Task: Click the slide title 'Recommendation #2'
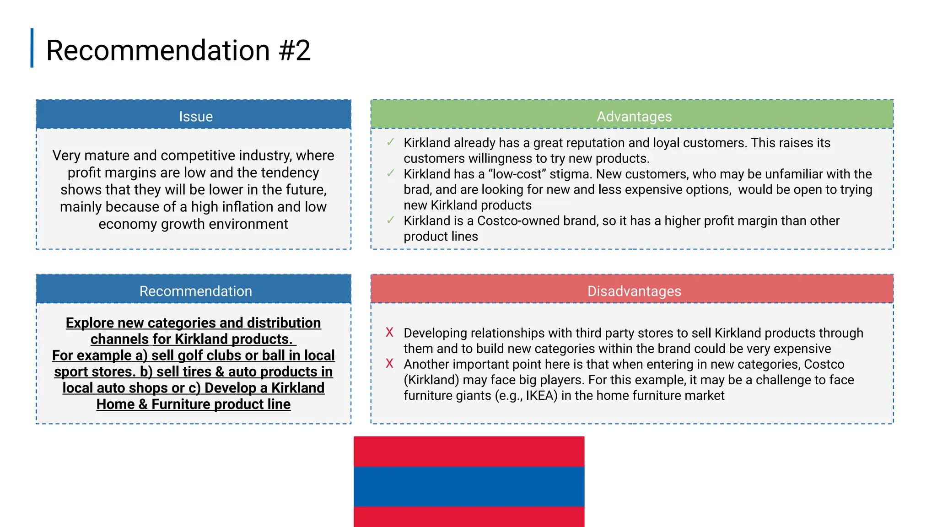[178, 50]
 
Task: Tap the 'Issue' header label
[196, 117]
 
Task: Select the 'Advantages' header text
[634, 117]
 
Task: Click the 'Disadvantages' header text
[634, 291]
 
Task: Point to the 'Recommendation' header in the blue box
[196, 291]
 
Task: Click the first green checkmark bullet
[390, 142]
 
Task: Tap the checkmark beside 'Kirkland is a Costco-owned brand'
[390, 220]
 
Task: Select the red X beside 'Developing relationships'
[389, 333]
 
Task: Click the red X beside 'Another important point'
[389, 364]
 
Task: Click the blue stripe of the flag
[469, 486]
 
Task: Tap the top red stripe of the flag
[469, 452]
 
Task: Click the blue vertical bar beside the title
[32, 48]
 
